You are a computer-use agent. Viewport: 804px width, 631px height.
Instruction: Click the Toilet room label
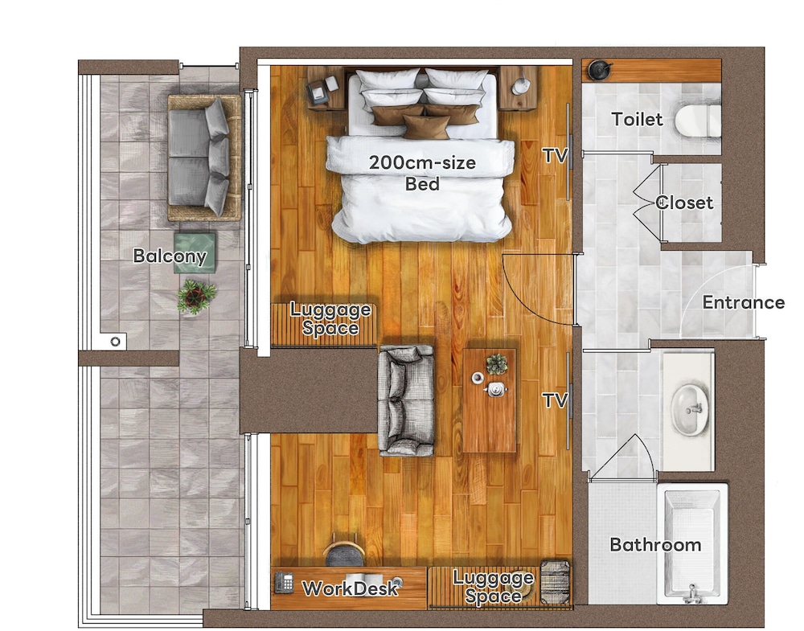(x=638, y=120)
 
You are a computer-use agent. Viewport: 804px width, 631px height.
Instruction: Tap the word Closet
(x=684, y=203)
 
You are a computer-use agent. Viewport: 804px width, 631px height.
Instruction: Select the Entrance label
(x=744, y=302)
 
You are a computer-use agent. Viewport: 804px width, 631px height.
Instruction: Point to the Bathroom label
(x=655, y=544)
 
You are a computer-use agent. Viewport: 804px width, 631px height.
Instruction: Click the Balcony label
(x=170, y=256)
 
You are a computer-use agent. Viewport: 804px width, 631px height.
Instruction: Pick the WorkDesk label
(x=350, y=588)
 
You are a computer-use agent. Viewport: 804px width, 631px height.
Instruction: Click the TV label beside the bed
(x=556, y=155)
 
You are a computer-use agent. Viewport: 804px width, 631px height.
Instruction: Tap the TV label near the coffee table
(x=556, y=399)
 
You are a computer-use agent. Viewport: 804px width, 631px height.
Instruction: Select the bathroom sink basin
(x=690, y=410)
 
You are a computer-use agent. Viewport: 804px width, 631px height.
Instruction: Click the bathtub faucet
(x=691, y=592)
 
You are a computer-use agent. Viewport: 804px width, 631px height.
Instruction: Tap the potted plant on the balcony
(x=196, y=297)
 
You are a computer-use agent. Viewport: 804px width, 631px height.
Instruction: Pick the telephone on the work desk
(x=284, y=582)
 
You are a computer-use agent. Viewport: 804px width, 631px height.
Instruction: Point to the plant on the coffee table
(x=496, y=364)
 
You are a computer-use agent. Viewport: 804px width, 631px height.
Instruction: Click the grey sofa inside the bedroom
(x=406, y=400)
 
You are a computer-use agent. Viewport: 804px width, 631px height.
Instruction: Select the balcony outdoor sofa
(x=204, y=158)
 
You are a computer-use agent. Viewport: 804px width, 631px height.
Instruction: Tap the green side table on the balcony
(x=195, y=252)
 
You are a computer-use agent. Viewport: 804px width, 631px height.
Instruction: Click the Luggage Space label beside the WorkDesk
(x=493, y=587)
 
